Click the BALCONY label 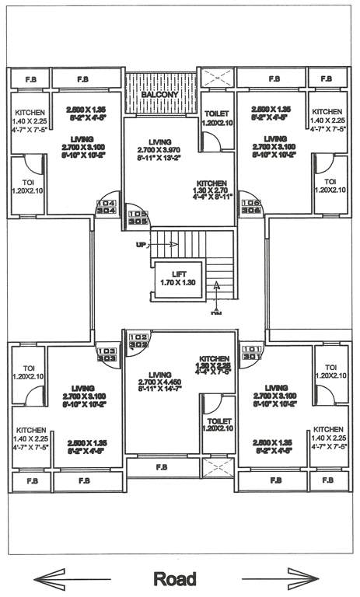tap(159, 94)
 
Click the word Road tap(175, 579)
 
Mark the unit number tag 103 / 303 tap(106, 354)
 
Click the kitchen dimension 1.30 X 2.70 tap(211, 189)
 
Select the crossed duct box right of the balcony tap(217, 79)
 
